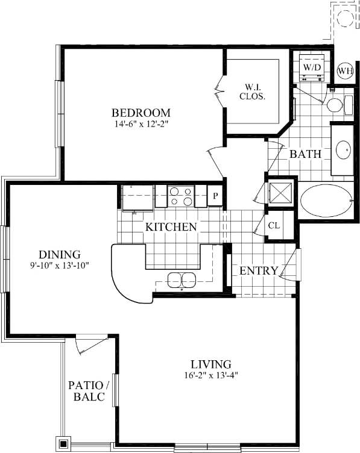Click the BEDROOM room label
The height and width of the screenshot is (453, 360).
[x=141, y=113]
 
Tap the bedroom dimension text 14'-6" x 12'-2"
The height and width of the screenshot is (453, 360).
[x=141, y=125]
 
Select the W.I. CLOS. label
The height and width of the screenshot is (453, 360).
[x=252, y=91]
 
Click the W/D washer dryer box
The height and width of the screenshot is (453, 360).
[x=312, y=66]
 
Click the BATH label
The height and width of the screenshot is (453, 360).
[x=305, y=154]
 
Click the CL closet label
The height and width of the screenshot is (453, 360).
[x=274, y=226]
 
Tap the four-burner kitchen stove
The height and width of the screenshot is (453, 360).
[x=181, y=196]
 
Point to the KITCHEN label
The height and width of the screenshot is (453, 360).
[x=171, y=227]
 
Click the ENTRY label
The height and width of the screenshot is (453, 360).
[x=259, y=271]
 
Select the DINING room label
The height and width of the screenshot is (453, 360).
[x=60, y=254]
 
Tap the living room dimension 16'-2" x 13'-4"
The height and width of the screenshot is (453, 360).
[x=210, y=376]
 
